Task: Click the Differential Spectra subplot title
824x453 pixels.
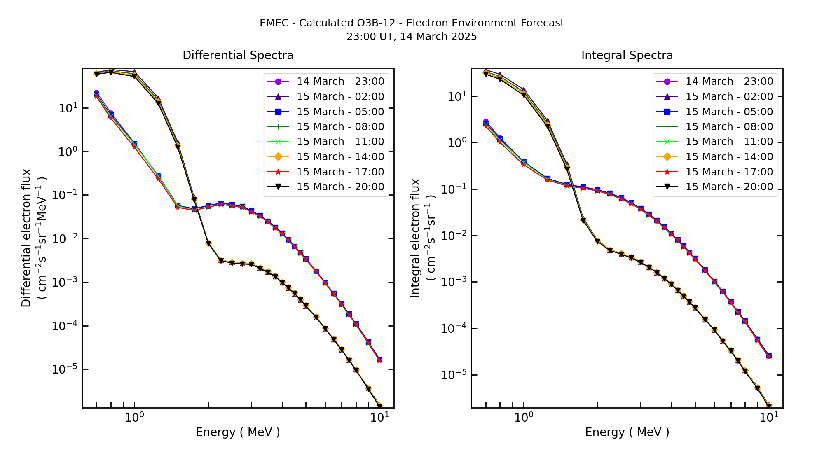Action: [238, 56]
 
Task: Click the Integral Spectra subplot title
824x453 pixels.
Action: [627, 56]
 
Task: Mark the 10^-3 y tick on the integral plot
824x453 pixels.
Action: [454, 282]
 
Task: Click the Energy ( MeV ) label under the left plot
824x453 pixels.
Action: [238, 432]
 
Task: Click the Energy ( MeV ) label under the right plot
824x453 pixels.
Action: [627, 432]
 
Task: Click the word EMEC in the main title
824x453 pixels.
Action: [274, 23]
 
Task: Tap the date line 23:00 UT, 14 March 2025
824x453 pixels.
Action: [412, 37]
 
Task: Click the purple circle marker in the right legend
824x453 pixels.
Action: [667, 82]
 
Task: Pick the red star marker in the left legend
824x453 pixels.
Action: [278, 172]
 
